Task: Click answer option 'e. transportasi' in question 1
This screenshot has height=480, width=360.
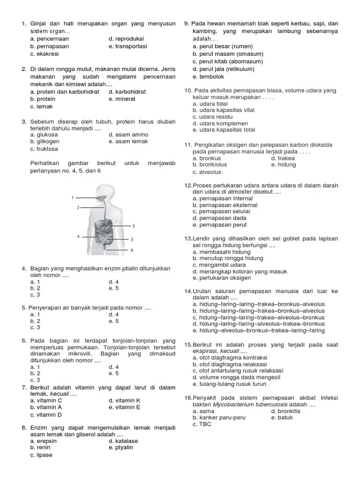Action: [127, 46]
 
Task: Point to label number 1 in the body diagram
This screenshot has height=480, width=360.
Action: [73, 197]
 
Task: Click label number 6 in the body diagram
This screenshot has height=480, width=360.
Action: [132, 250]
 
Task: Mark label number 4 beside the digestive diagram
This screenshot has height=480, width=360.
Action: [78, 237]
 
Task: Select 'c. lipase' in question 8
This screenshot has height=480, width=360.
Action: [41, 455]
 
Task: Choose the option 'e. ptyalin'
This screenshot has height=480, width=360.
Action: [120, 447]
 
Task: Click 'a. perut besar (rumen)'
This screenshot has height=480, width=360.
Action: [223, 46]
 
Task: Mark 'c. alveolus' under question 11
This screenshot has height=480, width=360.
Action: [207, 172]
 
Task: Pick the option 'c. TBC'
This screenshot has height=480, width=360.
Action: [202, 424]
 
